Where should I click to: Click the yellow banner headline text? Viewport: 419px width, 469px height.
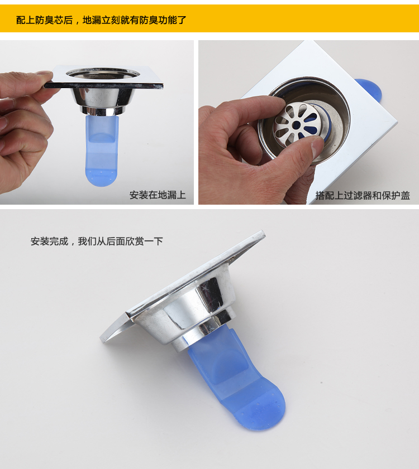pyautogui.click(x=101, y=20)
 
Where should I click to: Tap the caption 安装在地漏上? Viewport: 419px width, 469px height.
pyautogui.click(x=158, y=195)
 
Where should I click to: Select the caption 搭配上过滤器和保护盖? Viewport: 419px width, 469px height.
pyautogui.click(x=363, y=195)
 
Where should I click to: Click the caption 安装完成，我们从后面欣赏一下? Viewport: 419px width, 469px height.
pyautogui.click(x=97, y=241)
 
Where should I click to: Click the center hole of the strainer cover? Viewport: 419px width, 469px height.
pyautogui.click(x=297, y=124)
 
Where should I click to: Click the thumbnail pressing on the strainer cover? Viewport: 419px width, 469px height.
pyautogui.click(x=317, y=147)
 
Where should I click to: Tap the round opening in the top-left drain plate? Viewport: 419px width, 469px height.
pyautogui.click(x=103, y=73)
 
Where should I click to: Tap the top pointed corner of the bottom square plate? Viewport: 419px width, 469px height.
pyautogui.click(x=263, y=231)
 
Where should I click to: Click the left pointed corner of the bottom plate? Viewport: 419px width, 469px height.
pyautogui.click(x=102, y=340)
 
